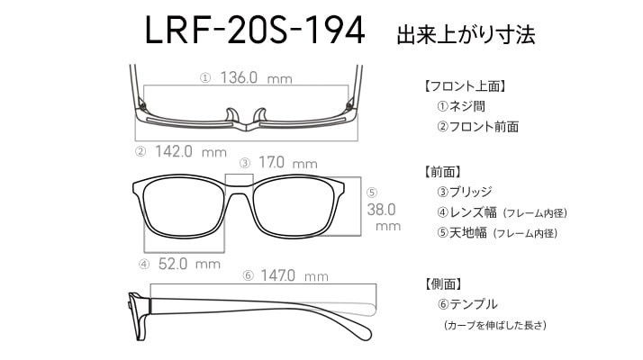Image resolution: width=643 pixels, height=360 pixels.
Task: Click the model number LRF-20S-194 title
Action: pyautogui.click(x=255, y=30)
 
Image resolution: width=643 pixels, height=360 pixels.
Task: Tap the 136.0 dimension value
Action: pyautogui.click(x=239, y=77)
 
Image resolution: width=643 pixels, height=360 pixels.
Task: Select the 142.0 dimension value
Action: pyautogui.click(x=174, y=151)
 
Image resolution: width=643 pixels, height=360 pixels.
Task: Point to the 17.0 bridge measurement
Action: pyautogui.click(x=271, y=162)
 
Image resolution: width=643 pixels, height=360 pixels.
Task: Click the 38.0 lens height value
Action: pyautogui.click(x=381, y=210)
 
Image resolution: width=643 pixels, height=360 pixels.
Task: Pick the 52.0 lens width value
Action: pyautogui.click(x=173, y=264)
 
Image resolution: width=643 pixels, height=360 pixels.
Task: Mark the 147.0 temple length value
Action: pyautogui.click(x=277, y=275)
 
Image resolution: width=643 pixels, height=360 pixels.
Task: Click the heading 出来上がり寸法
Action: pyautogui.click(x=466, y=34)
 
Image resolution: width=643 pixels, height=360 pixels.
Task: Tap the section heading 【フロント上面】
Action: pyautogui.click(x=465, y=86)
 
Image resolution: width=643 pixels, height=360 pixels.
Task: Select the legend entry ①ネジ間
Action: pyautogui.click(x=461, y=106)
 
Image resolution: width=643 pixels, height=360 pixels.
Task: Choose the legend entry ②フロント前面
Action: pyautogui.click(x=478, y=126)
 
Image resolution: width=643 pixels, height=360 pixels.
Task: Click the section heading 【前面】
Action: pyautogui.click(x=442, y=172)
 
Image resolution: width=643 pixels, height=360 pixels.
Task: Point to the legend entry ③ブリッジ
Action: pyautogui.click(x=465, y=192)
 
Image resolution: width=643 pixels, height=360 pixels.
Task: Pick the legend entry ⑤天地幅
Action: pyautogui.click(x=462, y=233)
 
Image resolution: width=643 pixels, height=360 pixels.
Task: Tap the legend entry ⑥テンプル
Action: pyautogui.click(x=467, y=304)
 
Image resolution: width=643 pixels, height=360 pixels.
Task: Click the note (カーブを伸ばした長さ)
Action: pyautogui.click(x=495, y=326)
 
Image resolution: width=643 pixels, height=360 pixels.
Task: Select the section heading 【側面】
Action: pyautogui.click(x=442, y=284)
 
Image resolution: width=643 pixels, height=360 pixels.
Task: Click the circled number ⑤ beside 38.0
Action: pyautogui.click(x=372, y=193)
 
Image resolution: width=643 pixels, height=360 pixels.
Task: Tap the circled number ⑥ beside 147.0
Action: pyautogui.click(x=248, y=275)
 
